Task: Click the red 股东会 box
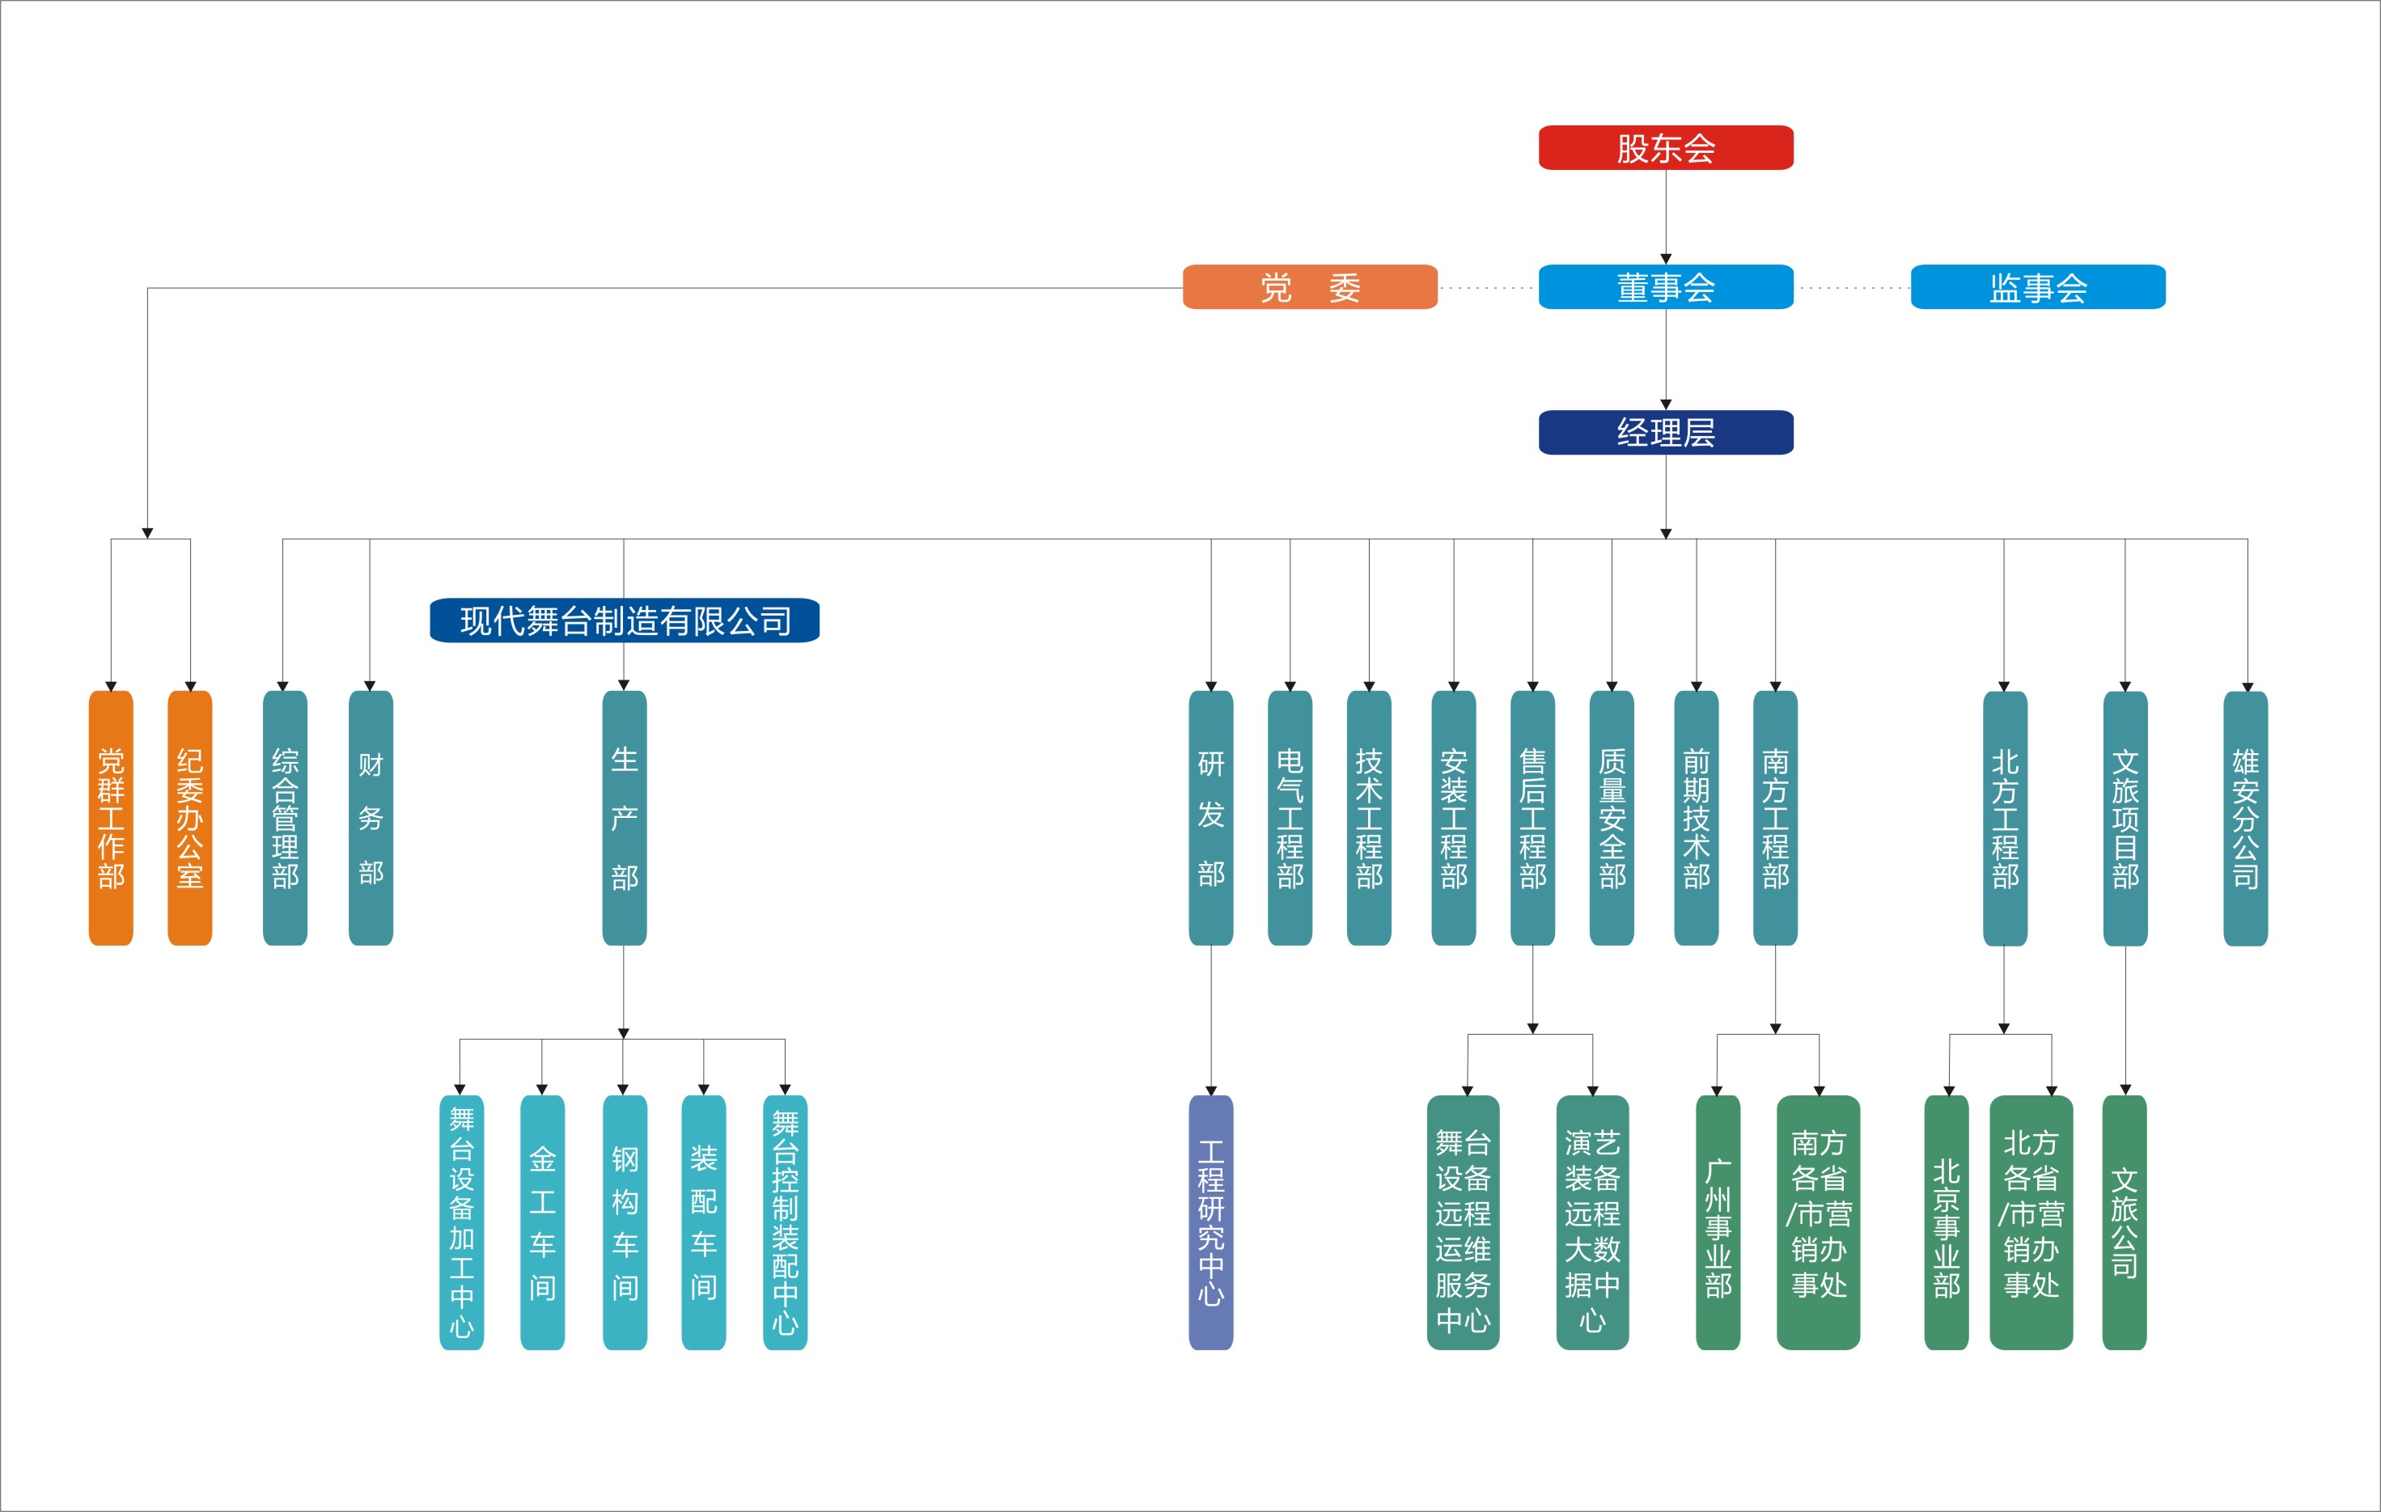click(x=1665, y=147)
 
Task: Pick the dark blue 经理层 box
click(x=1665, y=432)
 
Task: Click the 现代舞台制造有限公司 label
click(x=624, y=620)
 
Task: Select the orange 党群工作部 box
click(x=111, y=818)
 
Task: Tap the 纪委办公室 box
click(x=190, y=818)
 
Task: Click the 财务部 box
click(x=371, y=818)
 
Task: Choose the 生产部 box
click(x=624, y=818)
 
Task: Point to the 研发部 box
click(x=1210, y=818)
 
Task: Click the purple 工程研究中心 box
click(x=1210, y=1222)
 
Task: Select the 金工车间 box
click(x=542, y=1222)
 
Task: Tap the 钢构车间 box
click(x=624, y=1222)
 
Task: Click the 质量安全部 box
click(x=1611, y=818)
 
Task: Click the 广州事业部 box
click(x=1718, y=1222)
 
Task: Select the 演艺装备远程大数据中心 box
click(x=1592, y=1222)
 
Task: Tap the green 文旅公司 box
click(x=2124, y=1222)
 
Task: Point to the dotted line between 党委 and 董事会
click(x=1488, y=288)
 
